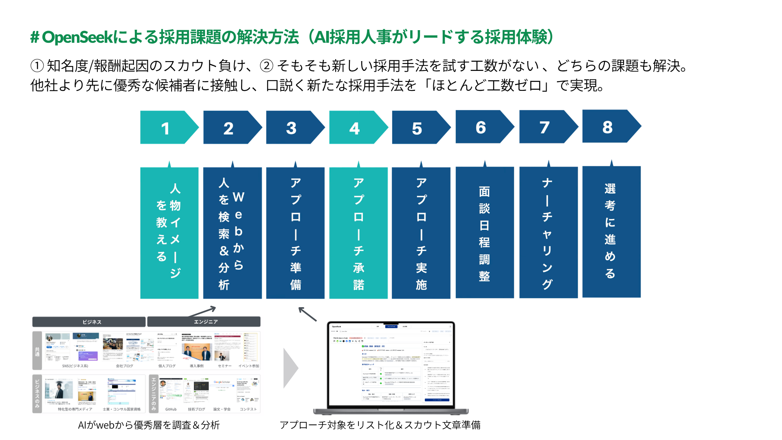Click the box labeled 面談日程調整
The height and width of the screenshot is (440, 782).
pos(484,232)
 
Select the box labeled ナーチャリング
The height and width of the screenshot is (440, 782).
pos(548,232)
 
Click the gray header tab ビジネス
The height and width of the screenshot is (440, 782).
pos(89,322)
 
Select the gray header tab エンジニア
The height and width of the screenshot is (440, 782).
pos(204,322)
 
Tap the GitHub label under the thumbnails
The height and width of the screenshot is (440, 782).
pos(171,409)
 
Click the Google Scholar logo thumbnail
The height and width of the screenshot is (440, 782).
pos(222,382)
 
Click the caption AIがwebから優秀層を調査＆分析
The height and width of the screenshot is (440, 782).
pos(149,425)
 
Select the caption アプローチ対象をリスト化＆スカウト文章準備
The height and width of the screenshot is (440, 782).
pos(380,425)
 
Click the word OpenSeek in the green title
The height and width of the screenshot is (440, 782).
pos(77,37)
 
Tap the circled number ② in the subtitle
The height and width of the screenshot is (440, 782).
pos(266,66)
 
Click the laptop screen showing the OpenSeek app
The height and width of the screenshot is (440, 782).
pos(391,364)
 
